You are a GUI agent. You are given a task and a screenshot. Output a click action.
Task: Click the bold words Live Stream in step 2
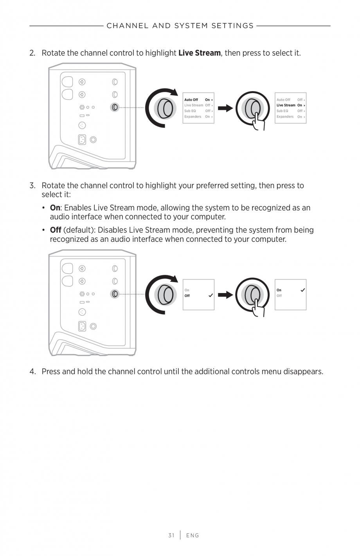199,53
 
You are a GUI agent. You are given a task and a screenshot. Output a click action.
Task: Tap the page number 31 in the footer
171,535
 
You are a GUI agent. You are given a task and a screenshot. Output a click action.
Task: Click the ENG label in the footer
193,535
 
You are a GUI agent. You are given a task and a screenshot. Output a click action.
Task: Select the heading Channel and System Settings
180,26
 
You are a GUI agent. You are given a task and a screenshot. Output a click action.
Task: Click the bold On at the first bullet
55,208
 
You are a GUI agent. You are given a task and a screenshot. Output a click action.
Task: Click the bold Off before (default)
56,230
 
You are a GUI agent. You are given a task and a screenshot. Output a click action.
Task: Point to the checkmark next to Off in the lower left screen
211,295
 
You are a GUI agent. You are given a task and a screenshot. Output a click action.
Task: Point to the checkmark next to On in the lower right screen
302,290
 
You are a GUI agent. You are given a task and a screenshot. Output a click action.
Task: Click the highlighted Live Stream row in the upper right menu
290,105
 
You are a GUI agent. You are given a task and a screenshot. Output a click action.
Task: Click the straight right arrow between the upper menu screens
225,108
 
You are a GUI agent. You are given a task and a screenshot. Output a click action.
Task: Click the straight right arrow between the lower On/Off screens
225,295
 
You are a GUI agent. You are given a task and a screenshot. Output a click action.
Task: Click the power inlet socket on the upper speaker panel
82,140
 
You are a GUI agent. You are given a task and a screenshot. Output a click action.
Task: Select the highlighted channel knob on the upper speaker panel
115,107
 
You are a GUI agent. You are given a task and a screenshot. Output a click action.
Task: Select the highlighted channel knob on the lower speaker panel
115,293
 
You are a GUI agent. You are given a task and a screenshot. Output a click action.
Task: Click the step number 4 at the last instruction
32,371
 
